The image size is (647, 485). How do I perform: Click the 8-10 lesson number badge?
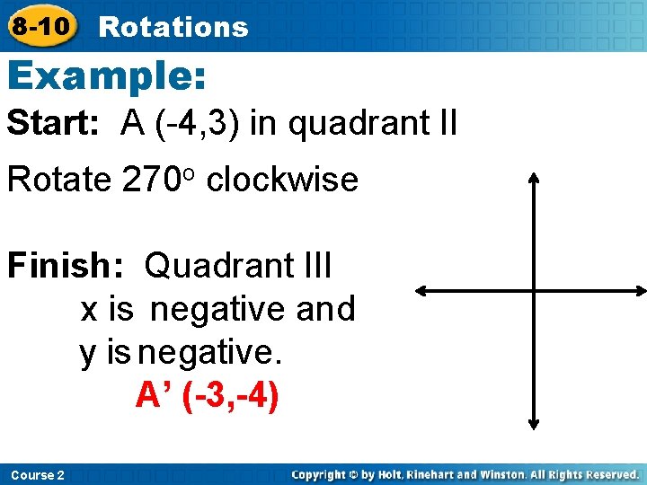(40, 26)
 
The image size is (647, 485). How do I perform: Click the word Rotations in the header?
(173, 27)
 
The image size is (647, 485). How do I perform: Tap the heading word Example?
(107, 76)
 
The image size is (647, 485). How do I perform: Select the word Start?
(54, 123)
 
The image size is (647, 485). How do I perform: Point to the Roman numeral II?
(445, 123)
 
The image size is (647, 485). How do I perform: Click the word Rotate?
(58, 180)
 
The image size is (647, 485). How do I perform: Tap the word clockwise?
(281, 180)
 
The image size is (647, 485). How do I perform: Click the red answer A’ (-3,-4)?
(208, 395)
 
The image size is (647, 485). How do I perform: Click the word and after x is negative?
(325, 309)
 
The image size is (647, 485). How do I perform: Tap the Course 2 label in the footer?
(37, 474)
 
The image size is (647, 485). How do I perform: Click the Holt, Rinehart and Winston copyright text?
(465, 474)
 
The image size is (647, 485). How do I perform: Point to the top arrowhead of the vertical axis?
(534, 177)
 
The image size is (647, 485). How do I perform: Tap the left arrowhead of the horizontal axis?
(421, 291)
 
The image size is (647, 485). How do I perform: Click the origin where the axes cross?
(534, 291)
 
